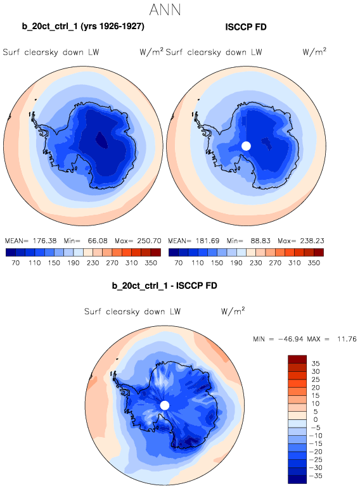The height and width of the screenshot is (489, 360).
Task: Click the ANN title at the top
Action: point(165,10)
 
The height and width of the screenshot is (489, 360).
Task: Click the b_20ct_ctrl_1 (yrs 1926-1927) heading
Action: point(83,27)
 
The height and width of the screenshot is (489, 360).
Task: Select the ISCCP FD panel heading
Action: point(246,27)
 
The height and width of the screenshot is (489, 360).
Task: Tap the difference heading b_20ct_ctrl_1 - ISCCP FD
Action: point(164,286)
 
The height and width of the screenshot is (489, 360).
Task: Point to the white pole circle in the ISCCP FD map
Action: point(246,146)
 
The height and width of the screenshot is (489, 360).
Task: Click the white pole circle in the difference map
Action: point(165,405)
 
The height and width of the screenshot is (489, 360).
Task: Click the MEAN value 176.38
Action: point(44,241)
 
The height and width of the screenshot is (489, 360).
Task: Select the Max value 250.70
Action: point(149,241)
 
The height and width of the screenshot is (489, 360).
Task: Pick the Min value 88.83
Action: point(260,241)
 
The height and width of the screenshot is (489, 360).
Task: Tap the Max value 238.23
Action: point(312,241)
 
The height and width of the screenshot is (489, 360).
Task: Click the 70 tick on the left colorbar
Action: point(16,263)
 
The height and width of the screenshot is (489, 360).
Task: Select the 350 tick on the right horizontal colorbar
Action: point(314,263)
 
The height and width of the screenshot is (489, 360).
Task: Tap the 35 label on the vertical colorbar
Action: point(316,364)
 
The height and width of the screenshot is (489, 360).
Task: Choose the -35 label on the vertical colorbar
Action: point(316,476)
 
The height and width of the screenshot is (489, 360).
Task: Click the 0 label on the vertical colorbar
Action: point(316,419)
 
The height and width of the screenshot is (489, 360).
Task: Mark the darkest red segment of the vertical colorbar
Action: point(297,359)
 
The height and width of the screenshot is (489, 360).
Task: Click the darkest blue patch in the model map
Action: point(101,139)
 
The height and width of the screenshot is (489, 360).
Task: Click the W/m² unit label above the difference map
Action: point(233,311)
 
